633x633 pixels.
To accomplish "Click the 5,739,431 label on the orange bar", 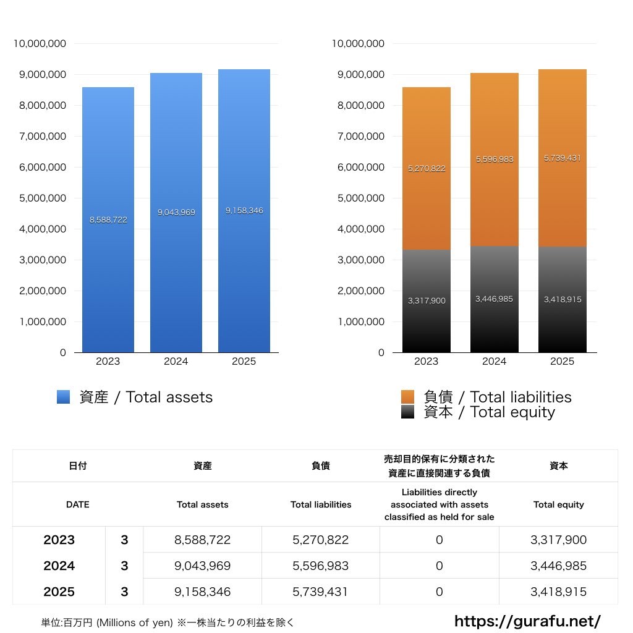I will (563, 158).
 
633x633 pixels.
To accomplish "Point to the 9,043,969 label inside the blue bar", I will (176, 213).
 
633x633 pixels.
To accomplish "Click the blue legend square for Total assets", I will (64, 397).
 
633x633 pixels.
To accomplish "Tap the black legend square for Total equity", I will (408, 412).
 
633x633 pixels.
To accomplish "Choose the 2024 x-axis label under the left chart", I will (176, 362).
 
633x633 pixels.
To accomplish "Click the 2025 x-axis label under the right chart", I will (562, 362).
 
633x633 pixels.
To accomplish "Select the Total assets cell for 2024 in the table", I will (202, 566).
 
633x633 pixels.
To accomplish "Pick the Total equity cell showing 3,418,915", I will (558, 592).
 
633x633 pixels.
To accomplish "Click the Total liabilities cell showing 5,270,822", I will (320, 540).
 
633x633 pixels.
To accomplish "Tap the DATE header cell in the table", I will (77, 504).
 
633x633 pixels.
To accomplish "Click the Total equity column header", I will (558, 504).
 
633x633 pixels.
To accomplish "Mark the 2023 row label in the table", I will (59, 540).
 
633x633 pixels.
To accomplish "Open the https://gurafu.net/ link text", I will (527, 621).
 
